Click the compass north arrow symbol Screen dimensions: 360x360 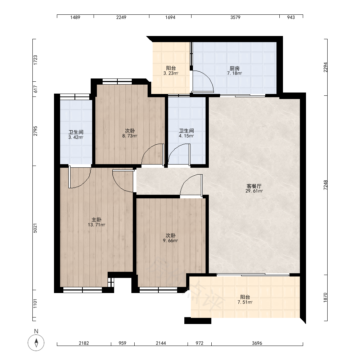[x=36, y=343]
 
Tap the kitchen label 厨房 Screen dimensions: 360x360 [x=234, y=68]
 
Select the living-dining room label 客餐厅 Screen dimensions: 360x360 [x=254, y=186]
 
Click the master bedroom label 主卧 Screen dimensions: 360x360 [x=96, y=220]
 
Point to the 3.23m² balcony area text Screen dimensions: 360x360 [x=171, y=73]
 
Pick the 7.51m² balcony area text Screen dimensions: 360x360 [x=245, y=302]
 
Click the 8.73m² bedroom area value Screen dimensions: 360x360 [x=130, y=136]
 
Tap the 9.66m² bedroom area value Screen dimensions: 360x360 [x=170, y=241]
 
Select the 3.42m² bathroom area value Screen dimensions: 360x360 [x=76, y=138]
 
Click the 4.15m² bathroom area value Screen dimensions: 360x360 [x=186, y=136]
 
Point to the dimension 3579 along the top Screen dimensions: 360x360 [x=235, y=17]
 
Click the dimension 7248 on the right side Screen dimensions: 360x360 [x=325, y=185]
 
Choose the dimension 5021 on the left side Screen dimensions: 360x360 [x=35, y=228]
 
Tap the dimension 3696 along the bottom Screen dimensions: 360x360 [x=257, y=343]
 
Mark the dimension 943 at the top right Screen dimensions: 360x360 [x=291, y=17]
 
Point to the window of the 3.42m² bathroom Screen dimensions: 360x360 [x=75, y=97]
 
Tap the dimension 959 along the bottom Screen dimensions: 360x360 [x=122, y=343]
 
